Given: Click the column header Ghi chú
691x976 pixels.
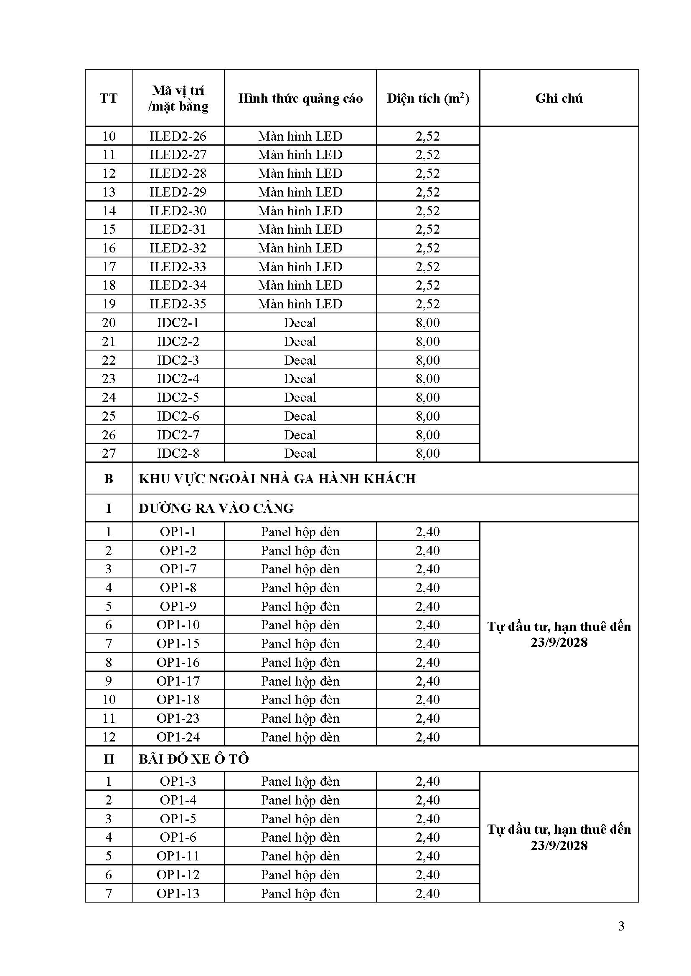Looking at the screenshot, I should (559, 98).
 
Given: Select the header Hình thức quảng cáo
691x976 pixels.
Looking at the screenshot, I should (300, 98).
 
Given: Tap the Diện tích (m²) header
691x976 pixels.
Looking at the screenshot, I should (428, 98).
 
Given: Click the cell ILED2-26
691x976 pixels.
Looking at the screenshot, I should (178, 136).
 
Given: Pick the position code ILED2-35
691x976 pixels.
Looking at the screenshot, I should (178, 304).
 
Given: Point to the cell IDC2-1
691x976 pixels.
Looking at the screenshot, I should (178, 323).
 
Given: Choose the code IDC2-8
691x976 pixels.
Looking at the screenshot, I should (178, 453).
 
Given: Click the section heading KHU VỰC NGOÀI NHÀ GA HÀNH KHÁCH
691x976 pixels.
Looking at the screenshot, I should (277, 479).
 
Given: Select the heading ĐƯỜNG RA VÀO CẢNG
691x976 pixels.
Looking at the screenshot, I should (216, 508).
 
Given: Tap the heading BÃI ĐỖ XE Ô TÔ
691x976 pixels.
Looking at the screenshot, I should (193, 758).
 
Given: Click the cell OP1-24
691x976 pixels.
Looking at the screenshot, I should (178, 736).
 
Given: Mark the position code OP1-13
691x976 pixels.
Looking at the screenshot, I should (178, 893).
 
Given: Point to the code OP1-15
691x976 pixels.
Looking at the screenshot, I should (178, 643).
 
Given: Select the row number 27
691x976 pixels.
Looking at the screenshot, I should (109, 453).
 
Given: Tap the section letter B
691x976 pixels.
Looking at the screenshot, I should (109, 479).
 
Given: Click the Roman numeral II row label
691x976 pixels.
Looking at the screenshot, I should (109, 758).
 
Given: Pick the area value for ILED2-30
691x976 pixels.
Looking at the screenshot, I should (428, 211).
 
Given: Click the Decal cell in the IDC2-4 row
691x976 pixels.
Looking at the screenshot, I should (300, 378).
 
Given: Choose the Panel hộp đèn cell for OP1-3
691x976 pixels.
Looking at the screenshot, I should (300, 781).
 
